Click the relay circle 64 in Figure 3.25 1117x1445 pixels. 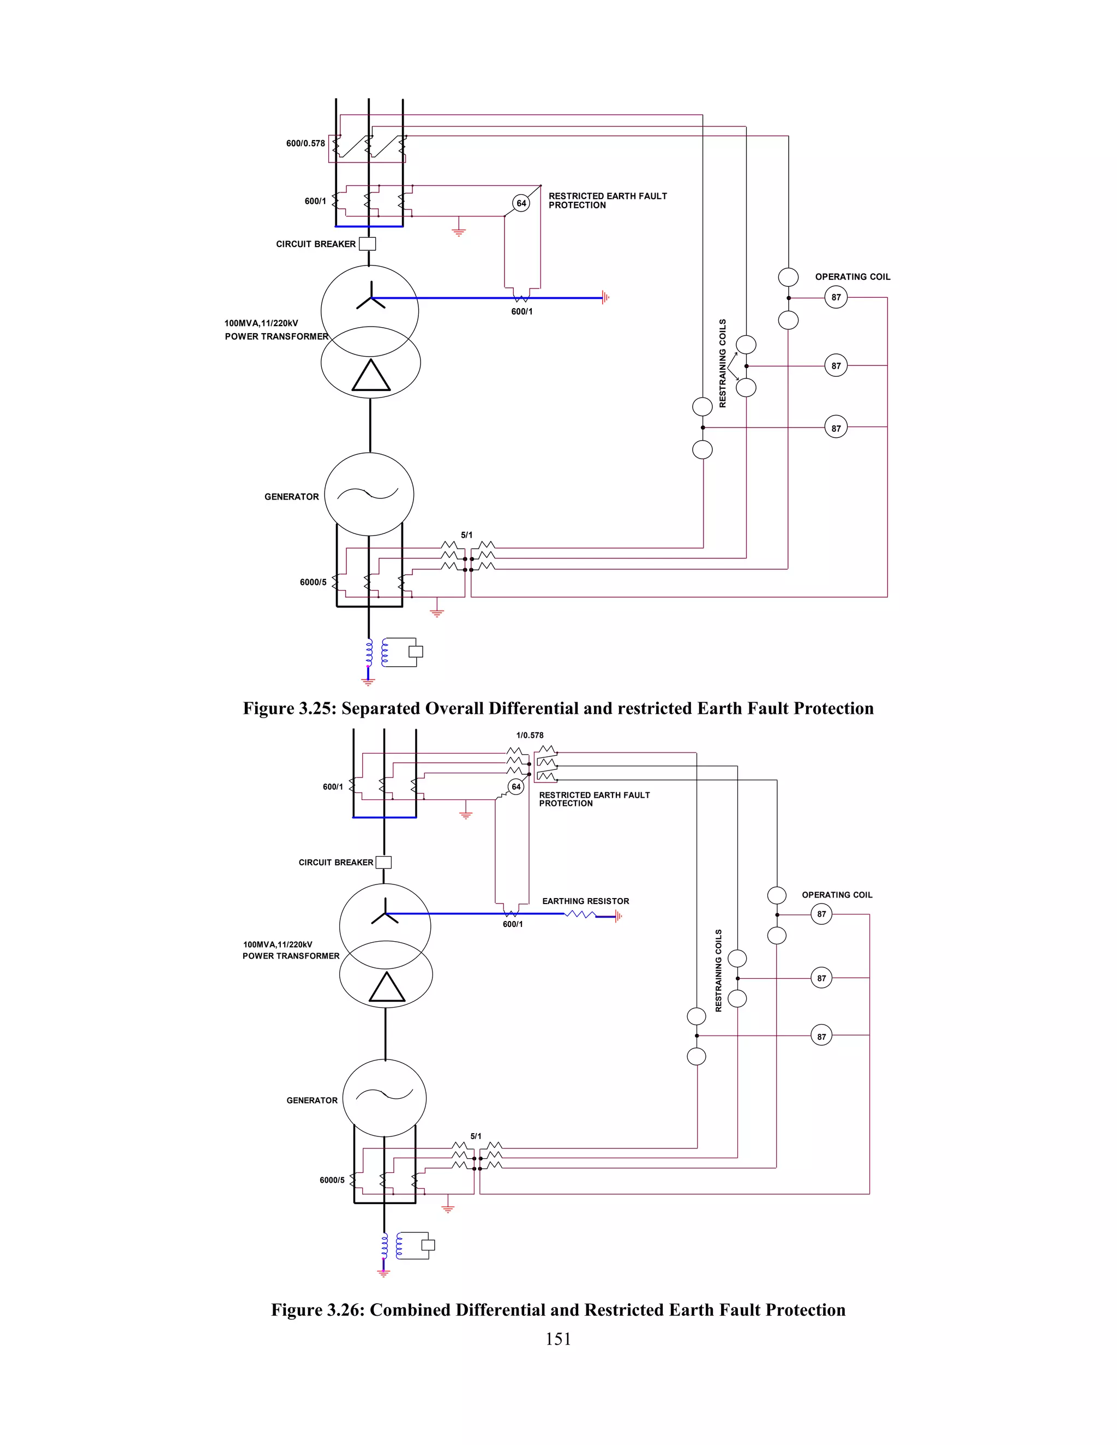pos(521,203)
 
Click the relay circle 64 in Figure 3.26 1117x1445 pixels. pos(516,787)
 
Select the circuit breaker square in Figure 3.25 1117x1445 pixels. pos(367,244)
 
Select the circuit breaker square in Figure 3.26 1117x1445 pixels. pos(384,862)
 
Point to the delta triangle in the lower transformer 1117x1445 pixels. pos(387,988)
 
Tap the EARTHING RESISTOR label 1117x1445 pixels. pos(585,901)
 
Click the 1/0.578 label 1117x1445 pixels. pos(530,735)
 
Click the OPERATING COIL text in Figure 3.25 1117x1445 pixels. pos(852,276)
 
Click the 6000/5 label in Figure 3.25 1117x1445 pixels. pos(313,582)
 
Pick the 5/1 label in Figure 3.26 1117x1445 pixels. pos(476,1136)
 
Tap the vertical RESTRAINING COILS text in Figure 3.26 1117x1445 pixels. pos(719,970)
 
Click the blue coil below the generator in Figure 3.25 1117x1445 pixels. pos(369,653)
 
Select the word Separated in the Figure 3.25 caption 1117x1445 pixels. pos(379,709)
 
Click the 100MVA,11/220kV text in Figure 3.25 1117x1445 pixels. pos(261,323)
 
